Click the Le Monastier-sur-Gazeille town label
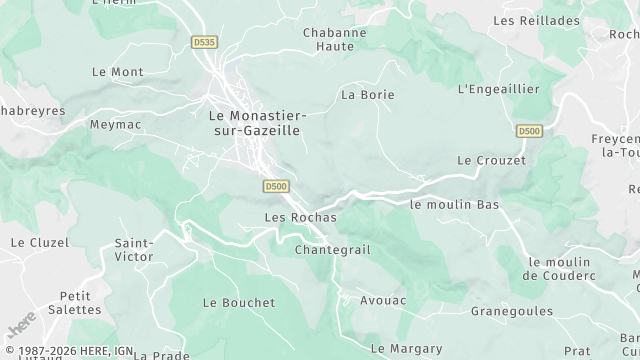click(x=257, y=123)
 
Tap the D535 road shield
click(x=205, y=43)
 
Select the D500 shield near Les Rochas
click(x=277, y=187)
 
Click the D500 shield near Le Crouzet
click(x=529, y=131)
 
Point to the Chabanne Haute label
click(x=335, y=39)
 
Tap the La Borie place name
click(x=368, y=95)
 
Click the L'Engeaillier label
click(x=498, y=89)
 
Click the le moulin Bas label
click(x=454, y=204)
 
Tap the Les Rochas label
click(x=300, y=217)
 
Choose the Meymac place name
click(x=116, y=125)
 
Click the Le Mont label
click(x=117, y=72)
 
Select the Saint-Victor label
click(x=134, y=250)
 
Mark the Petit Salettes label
click(x=82, y=303)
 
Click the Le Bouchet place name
click(x=238, y=302)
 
